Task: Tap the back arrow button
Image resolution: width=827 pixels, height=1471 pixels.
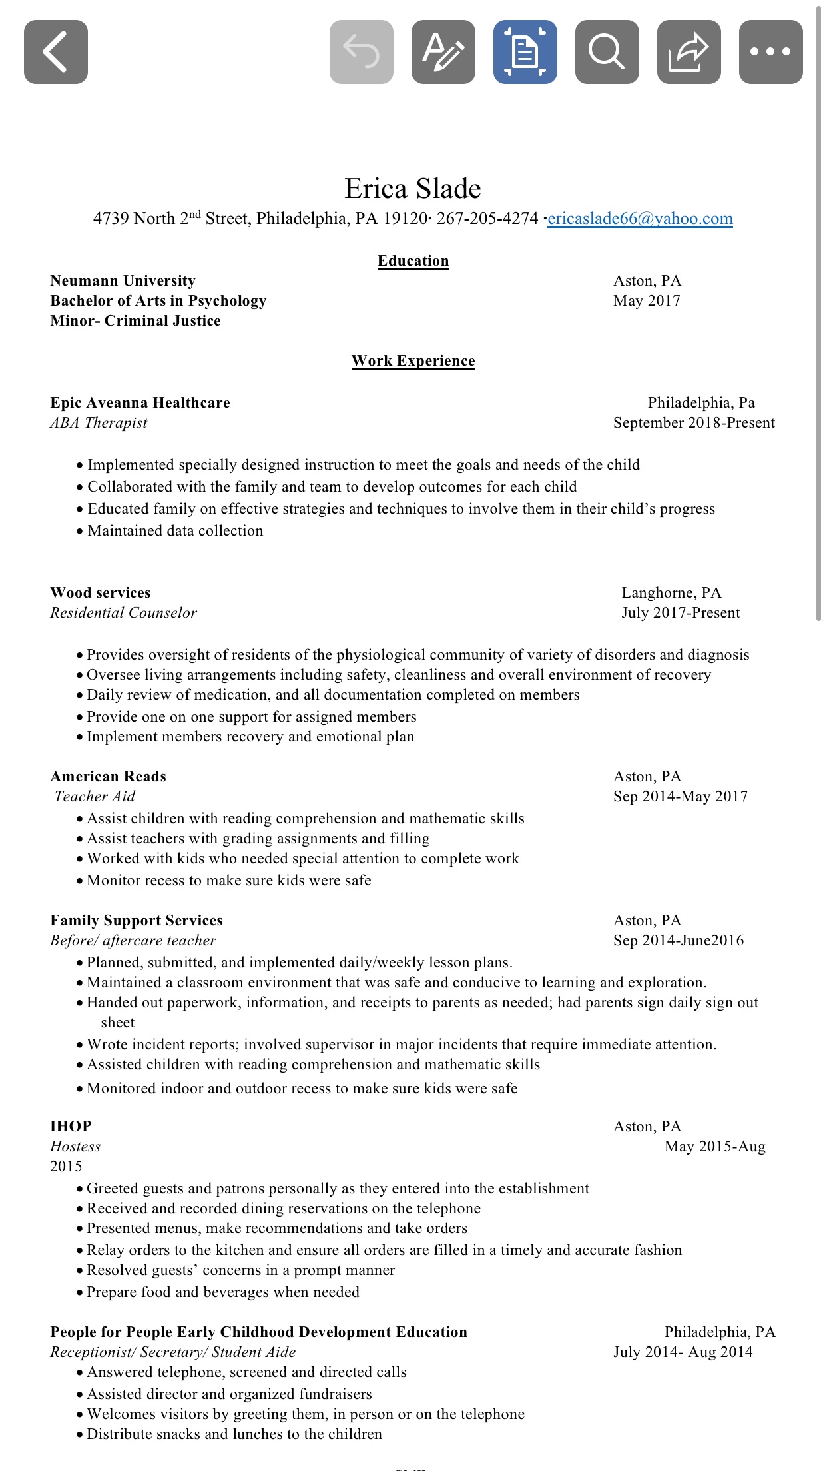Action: click(56, 52)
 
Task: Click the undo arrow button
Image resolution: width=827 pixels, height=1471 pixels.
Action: click(361, 52)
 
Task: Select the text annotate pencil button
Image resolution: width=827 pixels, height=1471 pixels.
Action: click(443, 52)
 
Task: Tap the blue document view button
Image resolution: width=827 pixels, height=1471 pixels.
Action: click(525, 52)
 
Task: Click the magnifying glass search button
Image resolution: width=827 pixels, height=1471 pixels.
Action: click(607, 52)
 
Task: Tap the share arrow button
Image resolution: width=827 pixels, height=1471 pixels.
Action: click(689, 52)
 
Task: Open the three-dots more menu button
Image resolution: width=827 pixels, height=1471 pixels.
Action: click(770, 52)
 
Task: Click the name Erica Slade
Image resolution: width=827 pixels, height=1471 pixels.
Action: click(413, 189)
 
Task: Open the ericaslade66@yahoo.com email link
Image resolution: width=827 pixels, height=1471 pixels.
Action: click(640, 219)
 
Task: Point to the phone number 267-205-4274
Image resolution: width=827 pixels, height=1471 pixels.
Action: click(487, 219)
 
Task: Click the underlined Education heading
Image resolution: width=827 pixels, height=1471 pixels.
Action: click(413, 261)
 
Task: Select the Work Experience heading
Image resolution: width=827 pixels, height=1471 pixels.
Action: click(413, 361)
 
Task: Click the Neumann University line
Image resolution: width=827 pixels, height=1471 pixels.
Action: click(123, 281)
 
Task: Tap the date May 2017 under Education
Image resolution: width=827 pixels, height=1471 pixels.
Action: click(647, 301)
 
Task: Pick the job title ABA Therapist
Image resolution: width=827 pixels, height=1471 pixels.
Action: click(99, 423)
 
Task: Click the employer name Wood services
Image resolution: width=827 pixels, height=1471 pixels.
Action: click(101, 593)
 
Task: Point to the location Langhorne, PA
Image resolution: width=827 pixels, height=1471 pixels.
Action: click(671, 593)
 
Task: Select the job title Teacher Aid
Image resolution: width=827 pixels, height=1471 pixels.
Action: click(95, 797)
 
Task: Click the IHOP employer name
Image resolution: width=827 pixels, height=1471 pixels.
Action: click(71, 1127)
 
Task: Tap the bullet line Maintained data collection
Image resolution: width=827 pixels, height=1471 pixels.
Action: click(175, 531)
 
